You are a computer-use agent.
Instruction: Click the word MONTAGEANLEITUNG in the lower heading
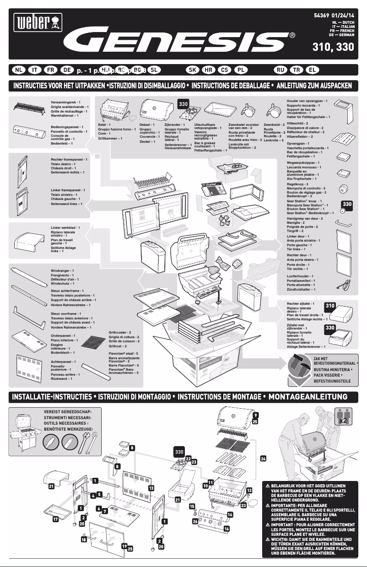pyautogui.click(x=308, y=396)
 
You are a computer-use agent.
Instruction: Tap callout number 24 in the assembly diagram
pyautogui.click(x=263, y=458)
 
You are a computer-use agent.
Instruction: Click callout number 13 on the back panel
pyautogui.click(x=151, y=488)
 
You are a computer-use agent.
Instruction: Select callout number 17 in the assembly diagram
pyautogui.click(x=55, y=519)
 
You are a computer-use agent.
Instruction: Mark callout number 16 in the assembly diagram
pyautogui.click(x=226, y=529)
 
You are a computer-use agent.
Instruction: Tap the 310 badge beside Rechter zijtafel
pyautogui.click(x=330, y=305)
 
